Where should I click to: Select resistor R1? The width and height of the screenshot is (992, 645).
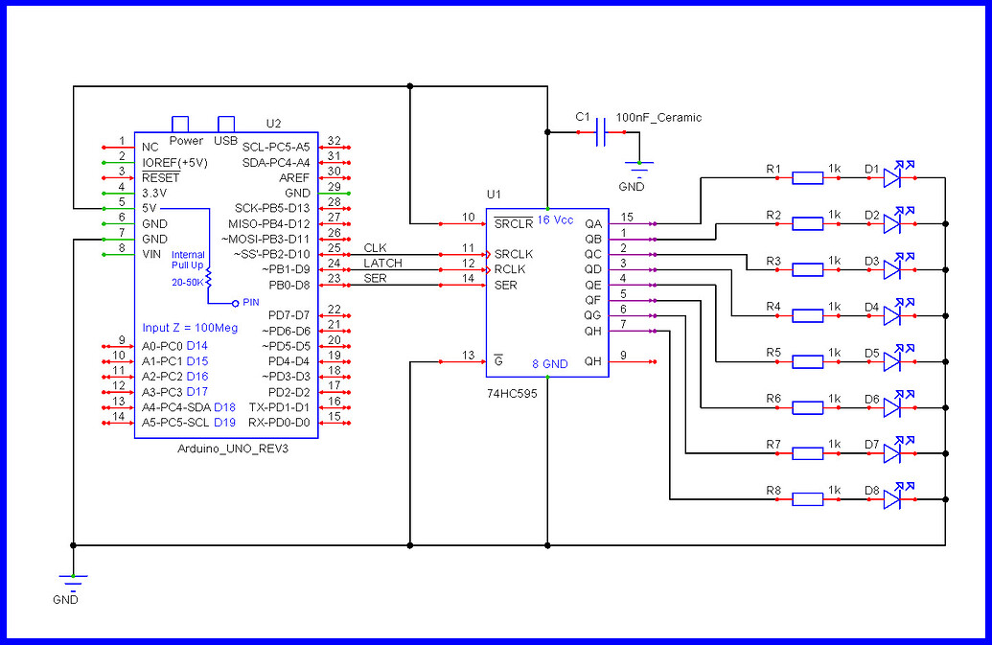coord(808,177)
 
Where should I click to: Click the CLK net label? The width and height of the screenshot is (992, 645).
coord(375,248)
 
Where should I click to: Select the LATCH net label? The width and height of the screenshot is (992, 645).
coord(382,264)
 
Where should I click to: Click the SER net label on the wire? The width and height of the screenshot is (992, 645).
coord(375,279)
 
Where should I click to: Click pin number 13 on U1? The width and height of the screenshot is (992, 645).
coord(468,356)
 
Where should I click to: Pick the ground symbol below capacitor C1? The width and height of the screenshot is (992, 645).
coord(633,167)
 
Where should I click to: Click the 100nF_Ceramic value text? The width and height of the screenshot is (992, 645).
coord(658,118)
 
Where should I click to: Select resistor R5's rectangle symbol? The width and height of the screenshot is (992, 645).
coord(808,361)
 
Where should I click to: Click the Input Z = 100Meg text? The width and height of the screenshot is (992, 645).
coord(190,328)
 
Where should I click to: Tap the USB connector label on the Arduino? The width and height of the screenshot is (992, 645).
coord(226,141)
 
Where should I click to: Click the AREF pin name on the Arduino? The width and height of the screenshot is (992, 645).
coord(294,177)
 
